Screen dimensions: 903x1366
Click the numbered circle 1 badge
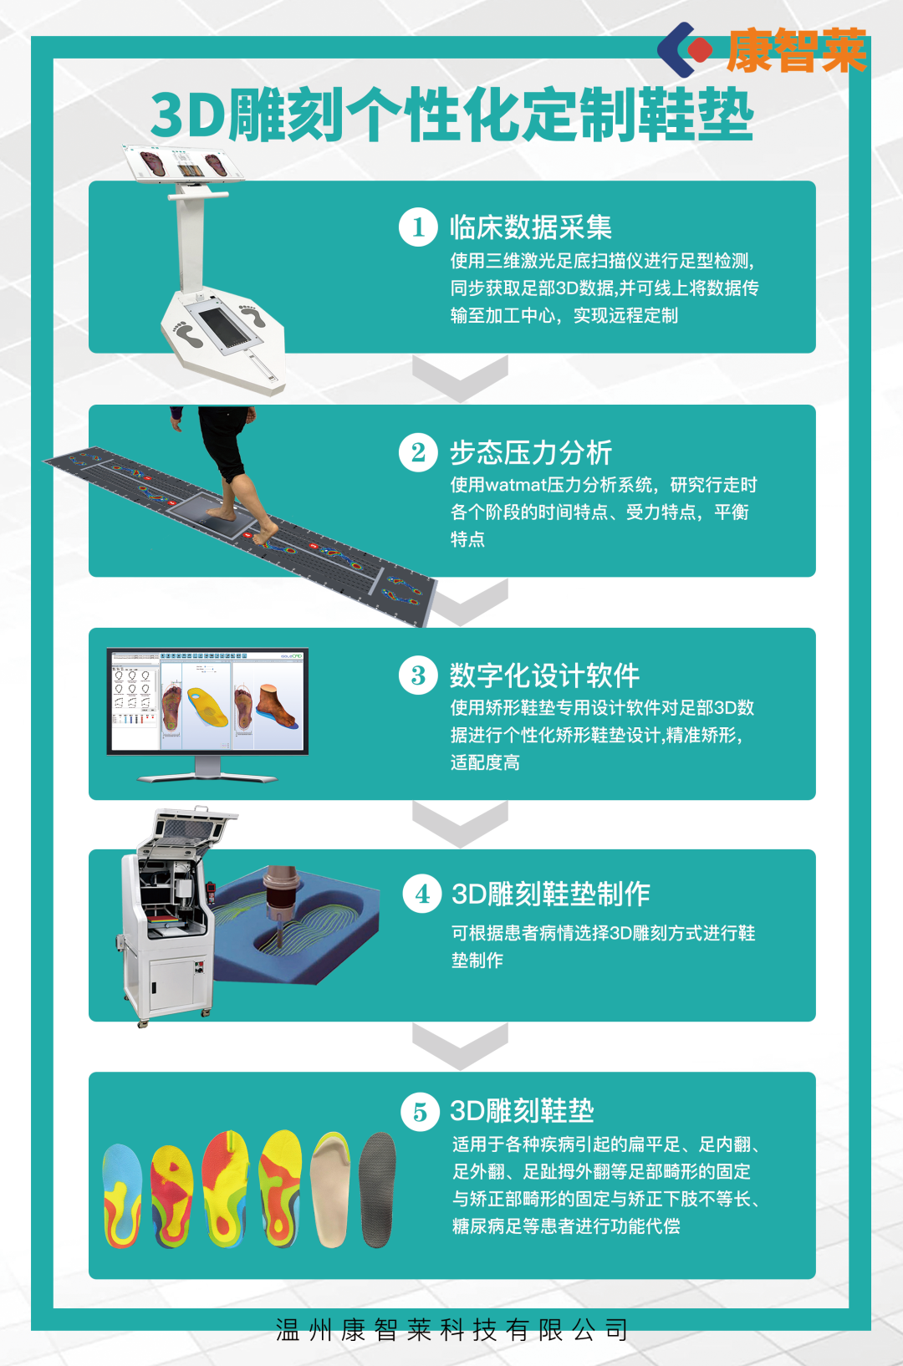click(x=418, y=227)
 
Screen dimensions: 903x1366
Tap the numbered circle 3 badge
click(x=418, y=675)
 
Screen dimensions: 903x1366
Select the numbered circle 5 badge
click(x=420, y=1112)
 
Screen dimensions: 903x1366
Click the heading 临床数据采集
click(x=530, y=227)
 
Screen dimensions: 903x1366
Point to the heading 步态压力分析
click(x=530, y=452)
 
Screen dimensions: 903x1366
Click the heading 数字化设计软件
click(x=544, y=675)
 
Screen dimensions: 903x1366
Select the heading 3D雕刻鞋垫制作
click(x=551, y=894)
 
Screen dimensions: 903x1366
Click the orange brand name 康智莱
click(x=797, y=51)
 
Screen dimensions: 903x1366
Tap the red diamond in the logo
click(x=699, y=49)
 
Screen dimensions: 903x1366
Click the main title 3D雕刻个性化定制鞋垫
click(x=451, y=115)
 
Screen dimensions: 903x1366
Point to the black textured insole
click(x=377, y=1189)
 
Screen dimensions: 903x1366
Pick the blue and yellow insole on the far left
click(x=123, y=1195)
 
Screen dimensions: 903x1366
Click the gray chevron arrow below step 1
click(x=461, y=377)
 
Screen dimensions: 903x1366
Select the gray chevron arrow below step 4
click(x=461, y=1046)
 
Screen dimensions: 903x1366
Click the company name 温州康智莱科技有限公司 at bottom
click(x=451, y=1330)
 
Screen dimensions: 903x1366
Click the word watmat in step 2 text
click(x=516, y=486)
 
